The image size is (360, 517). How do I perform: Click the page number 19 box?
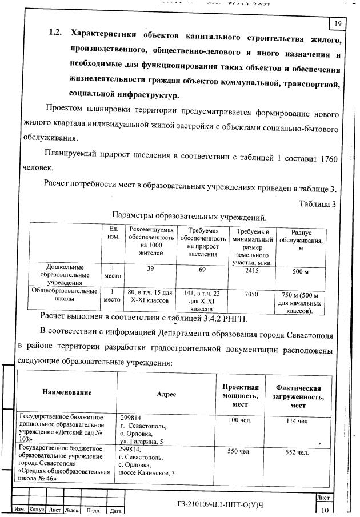coord(337,23)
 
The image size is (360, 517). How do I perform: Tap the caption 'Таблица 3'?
coord(317,203)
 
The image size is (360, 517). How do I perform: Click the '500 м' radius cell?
coord(301,271)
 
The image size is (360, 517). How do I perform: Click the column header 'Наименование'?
coord(67,393)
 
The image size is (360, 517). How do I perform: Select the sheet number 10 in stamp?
coord(325,510)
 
